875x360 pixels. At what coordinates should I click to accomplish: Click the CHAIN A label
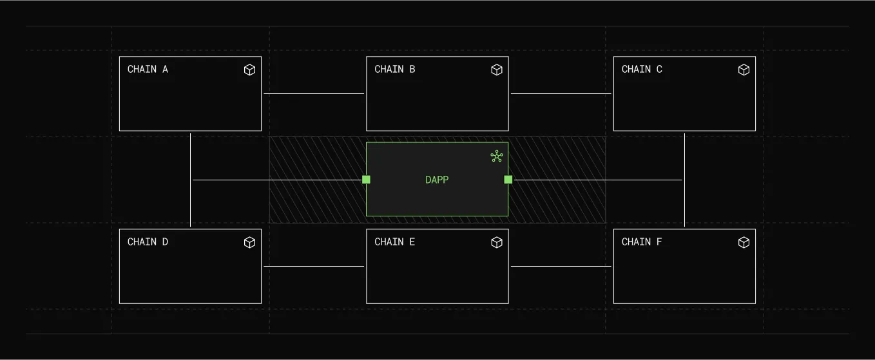coord(148,70)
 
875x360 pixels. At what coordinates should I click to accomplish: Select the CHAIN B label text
coord(394,70)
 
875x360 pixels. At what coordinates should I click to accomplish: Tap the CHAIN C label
coord(642,70)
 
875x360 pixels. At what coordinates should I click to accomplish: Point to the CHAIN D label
coord(148,242)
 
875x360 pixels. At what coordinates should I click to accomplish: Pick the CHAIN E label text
coord(394,242)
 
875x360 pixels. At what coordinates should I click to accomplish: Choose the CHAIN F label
coord(642,242)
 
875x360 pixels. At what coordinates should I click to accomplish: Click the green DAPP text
coord(437,180)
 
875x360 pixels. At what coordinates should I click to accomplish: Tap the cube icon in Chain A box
coord(249,70)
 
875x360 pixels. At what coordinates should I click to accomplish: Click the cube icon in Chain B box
coord(497,70)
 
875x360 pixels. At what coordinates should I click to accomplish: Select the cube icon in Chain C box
coord(744,70)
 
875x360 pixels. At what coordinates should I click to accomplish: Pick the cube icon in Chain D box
coord(249,242)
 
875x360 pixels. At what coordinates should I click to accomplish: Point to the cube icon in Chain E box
coord(497,242)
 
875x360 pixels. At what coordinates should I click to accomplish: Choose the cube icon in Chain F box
coord(744,242)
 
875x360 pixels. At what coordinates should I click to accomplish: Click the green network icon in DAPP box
coord(496,156)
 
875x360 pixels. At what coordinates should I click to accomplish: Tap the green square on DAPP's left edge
coord(366,180)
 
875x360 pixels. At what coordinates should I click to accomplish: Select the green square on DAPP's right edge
coord(508,180)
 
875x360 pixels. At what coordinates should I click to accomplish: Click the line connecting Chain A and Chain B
coord(314,94)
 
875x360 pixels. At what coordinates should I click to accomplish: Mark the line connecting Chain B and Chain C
coord(561,94)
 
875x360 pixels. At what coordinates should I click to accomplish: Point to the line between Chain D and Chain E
coord(314,266)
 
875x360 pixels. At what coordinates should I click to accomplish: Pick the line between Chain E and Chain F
coord(561,266)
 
